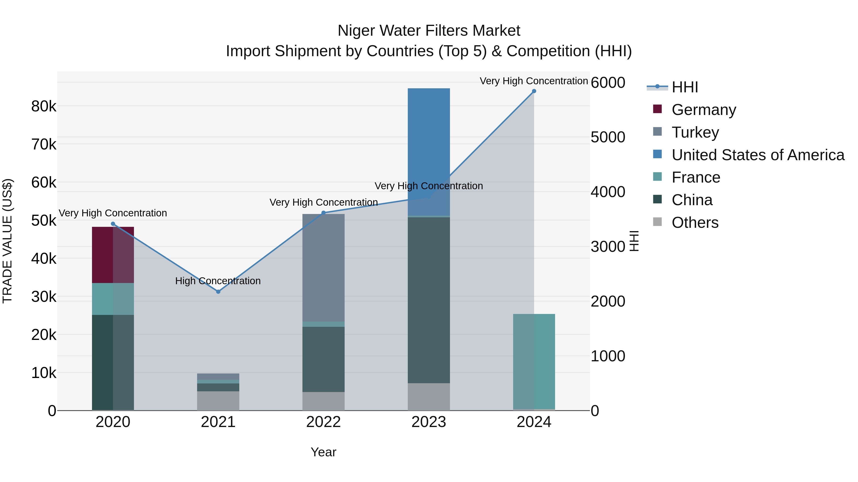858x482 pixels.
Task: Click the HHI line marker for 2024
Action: pyautogui.click(x=534, y=91)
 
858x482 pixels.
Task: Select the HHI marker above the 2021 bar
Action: pyautogui.click(x=218, y=292)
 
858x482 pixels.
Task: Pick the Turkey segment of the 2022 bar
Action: pyautogui.click(x=323, y=268)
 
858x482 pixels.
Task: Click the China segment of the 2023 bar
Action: pyautogui.click(x=429, y=300)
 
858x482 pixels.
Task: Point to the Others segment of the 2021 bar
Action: pyautogui.click(x=218, y=401)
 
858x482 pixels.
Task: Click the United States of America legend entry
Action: pyautogui.click(x=758, y=155)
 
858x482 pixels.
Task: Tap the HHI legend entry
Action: pyautogui.click(x=684, y=87)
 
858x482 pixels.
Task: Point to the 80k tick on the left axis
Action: pyautogui.click(x=44, y=106)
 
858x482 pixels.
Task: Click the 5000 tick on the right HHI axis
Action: pyautogui.click(x=608, y=137)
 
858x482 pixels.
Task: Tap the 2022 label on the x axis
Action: pyautogui.click(x=323, y=422)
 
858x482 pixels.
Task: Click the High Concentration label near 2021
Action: pyautogui.click(x=218, y=281)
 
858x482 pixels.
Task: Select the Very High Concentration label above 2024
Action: pyautogui.click(x=534, y=81)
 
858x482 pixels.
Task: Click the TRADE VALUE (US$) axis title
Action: pyautogui.click(x=7, y=241)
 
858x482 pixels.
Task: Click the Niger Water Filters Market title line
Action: pyautogui.click(x=429, y=31)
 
